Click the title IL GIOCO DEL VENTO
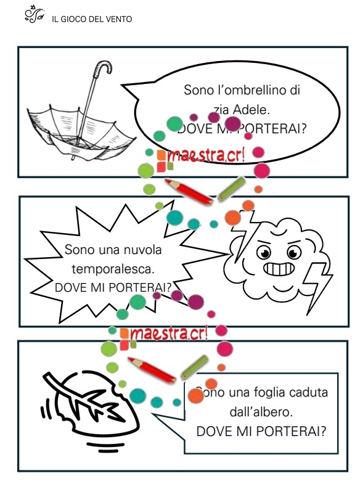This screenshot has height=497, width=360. tap(92, 19)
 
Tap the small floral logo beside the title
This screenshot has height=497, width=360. tap(34, 14)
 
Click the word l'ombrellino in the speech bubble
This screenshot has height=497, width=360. tap(250, 90)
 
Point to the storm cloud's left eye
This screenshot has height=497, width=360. tap(264, 253)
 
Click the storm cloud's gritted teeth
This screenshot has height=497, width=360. tap(279, 269)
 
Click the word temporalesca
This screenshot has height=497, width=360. tap(113, 269)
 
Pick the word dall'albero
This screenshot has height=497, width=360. tap(261, 412)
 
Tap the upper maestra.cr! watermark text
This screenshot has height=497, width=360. tap(206, 155)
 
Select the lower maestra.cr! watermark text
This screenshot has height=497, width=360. tap(168, 333)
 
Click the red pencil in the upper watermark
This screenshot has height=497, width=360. tap(189, 191)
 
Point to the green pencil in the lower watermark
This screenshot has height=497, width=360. tap(195, 367)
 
